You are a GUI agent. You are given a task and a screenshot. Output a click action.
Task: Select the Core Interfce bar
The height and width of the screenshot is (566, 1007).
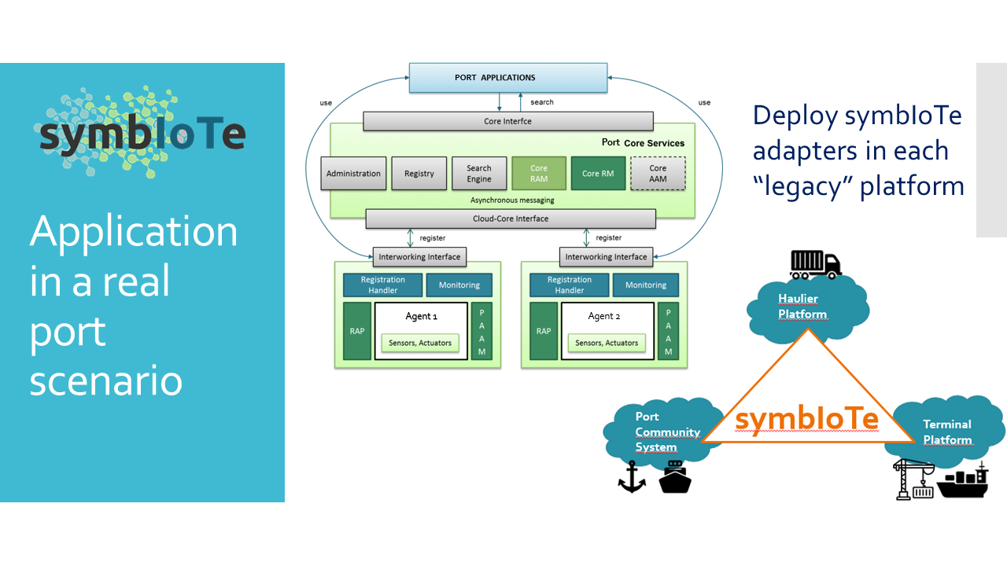(x=507, y=121)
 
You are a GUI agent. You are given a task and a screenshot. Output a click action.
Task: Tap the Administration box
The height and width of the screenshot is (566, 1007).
(x=353, y=174)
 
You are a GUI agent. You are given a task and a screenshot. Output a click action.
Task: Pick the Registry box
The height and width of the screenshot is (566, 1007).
(x=419, y=174)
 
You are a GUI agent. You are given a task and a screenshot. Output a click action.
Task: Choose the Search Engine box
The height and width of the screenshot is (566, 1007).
(x=478, y=174)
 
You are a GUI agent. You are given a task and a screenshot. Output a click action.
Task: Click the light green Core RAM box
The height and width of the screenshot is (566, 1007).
(x=539, y=174)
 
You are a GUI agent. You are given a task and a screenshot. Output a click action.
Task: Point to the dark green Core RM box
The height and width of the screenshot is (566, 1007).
(x=597, y=174)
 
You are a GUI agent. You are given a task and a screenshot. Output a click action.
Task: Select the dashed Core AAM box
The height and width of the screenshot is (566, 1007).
(x=658, y=174)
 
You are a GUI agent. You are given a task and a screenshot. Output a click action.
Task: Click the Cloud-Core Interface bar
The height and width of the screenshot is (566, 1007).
(x=510, y=219)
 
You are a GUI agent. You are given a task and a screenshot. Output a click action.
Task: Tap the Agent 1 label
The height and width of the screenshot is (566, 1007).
(x=421, y=316)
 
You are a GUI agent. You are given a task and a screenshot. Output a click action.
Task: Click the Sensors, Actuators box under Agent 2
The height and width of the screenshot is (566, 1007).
(x=606, y=343)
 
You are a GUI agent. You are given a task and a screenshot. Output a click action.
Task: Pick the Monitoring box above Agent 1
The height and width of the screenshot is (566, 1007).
(x=459, y=285)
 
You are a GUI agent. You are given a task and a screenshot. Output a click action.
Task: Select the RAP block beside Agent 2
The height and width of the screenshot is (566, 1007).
(x=544, y=331)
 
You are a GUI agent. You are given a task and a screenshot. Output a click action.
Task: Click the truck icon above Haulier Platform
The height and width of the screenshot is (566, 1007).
(x=815, y=265)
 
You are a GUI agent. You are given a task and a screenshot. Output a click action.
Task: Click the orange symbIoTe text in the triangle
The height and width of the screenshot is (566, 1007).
(x=806, y=419)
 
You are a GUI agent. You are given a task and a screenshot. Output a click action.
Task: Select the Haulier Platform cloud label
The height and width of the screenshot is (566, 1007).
(x=802, y=307)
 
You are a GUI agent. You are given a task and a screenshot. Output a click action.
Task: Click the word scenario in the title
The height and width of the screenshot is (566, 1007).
(x=106, y=380)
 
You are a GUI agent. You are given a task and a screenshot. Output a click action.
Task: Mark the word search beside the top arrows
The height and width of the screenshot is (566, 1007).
(x=542, y=102)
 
